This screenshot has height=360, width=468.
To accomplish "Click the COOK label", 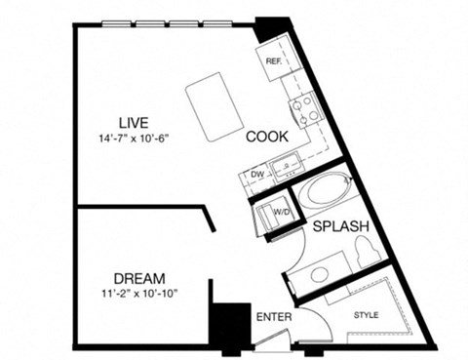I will tap(265, 137).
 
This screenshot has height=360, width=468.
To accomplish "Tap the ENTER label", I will tap(274, 317).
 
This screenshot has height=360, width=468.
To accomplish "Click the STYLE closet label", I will tap(367, 315).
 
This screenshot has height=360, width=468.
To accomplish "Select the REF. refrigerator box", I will tap(274, 60).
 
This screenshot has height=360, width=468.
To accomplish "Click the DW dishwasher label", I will tap(258, 176).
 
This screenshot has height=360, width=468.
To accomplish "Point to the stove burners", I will tap(305, 106).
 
